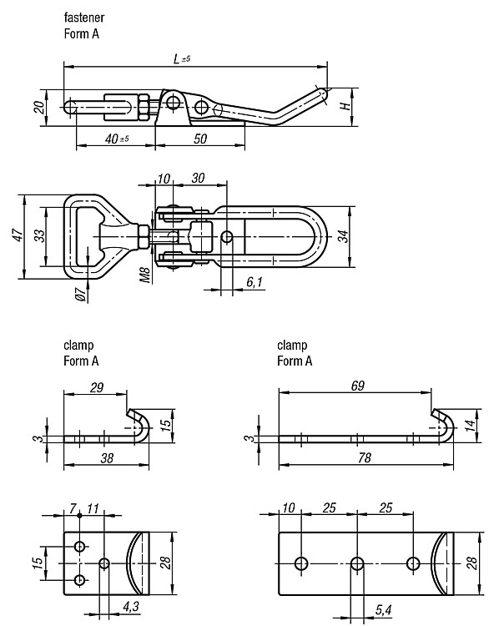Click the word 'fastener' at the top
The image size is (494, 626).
pos(83,18)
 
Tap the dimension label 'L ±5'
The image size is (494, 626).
pos(182,59)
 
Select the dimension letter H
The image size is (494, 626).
pos(345,106)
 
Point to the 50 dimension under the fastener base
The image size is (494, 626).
pos(200,139)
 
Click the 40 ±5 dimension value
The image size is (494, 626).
pos(117,139)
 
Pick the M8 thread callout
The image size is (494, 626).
pos(146,275)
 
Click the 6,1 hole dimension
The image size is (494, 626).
pos(255,282)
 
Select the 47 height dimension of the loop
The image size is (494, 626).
pos(18,235)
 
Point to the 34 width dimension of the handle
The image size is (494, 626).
pos(343,236)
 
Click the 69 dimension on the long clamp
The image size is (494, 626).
pos(357,386)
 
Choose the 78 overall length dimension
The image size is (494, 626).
pos(365,457)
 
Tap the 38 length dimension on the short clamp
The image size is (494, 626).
pos(107,458)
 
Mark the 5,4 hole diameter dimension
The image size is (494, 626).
pos(384,609)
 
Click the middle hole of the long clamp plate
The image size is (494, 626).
pos(357,563)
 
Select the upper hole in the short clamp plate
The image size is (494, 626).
pos(80,546)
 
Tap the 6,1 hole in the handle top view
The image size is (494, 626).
pos(227,237)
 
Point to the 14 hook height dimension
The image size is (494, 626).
pos(471,426)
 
